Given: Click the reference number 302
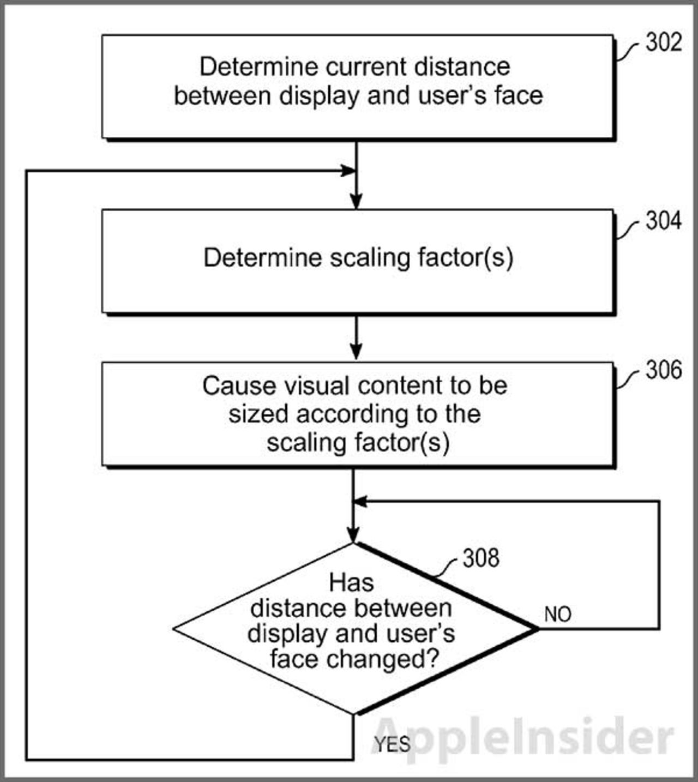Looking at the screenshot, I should pyautogui.click(x=664, y=43).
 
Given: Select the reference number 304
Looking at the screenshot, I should pyautogui.click(x=664, y=221).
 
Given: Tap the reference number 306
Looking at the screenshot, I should pyautogui.click(x=664, y=370).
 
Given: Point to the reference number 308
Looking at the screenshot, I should pyautogui.click(x=481, y=558).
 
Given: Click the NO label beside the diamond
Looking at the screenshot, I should pyautogui.click(x=557, y=615).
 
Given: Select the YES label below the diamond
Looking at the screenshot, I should pyautogui.click(x=392, y=744).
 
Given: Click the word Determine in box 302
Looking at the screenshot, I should pyautogui.click(x=258, y=67).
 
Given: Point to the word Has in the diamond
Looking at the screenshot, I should pyautogui.click(x=351, y=582).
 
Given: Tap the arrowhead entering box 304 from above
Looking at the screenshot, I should pyautogui.click(x=356, y=202).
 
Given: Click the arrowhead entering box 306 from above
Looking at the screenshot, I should pyautogui.click(x=356, y=353).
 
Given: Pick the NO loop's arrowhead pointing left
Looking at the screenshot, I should pyautogui.click(x=360, y=502).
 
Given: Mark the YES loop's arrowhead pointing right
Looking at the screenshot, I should pyautogui.click(x=348, y=171).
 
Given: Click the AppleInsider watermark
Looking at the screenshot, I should pyautogui.click(x=523, y=737).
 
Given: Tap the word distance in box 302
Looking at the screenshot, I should pyautogui.click(x=462, y=67).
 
